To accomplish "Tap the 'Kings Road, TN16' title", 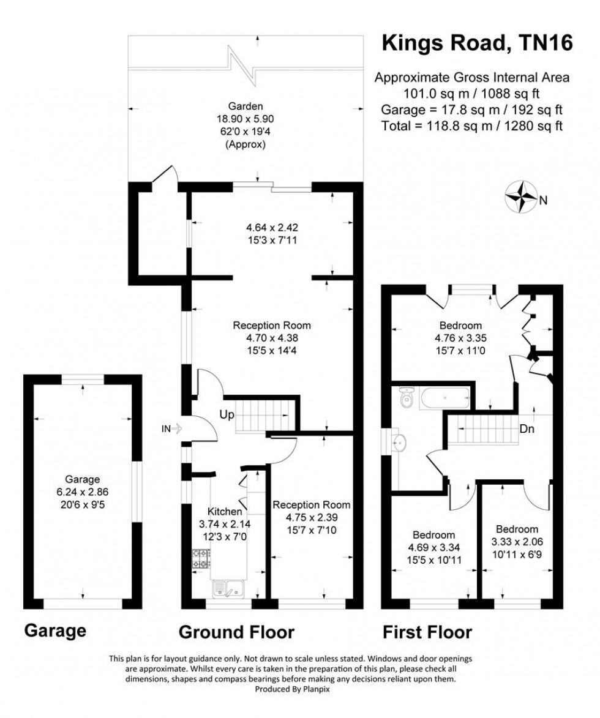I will (477, 43).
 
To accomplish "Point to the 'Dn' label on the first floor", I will (527, 429).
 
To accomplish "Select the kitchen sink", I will (228, 589).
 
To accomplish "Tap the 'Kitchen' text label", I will (225, 512).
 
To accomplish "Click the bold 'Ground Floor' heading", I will (236, 632).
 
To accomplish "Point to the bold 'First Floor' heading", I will (427, 632).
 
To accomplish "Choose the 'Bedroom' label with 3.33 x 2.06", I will (517, 529).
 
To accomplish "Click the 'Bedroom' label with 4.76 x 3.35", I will (460, 326).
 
